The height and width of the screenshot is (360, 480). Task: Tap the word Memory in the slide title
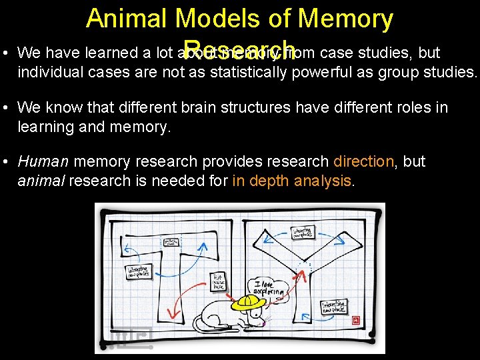tap(345, 19)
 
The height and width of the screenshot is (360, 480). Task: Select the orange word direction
tap(363, 161)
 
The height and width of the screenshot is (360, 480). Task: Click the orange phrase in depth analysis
tap(291, 180)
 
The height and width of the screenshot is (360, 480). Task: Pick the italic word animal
tap(41, 180)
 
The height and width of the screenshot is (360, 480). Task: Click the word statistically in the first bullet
tap(249, 71)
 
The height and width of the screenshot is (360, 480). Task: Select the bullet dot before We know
tap(5, 108)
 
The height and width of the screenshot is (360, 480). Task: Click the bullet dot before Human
tap(5, 162)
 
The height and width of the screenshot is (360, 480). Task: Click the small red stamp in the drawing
tap(355, 319)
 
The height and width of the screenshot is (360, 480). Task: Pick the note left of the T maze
tap(139, 272)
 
